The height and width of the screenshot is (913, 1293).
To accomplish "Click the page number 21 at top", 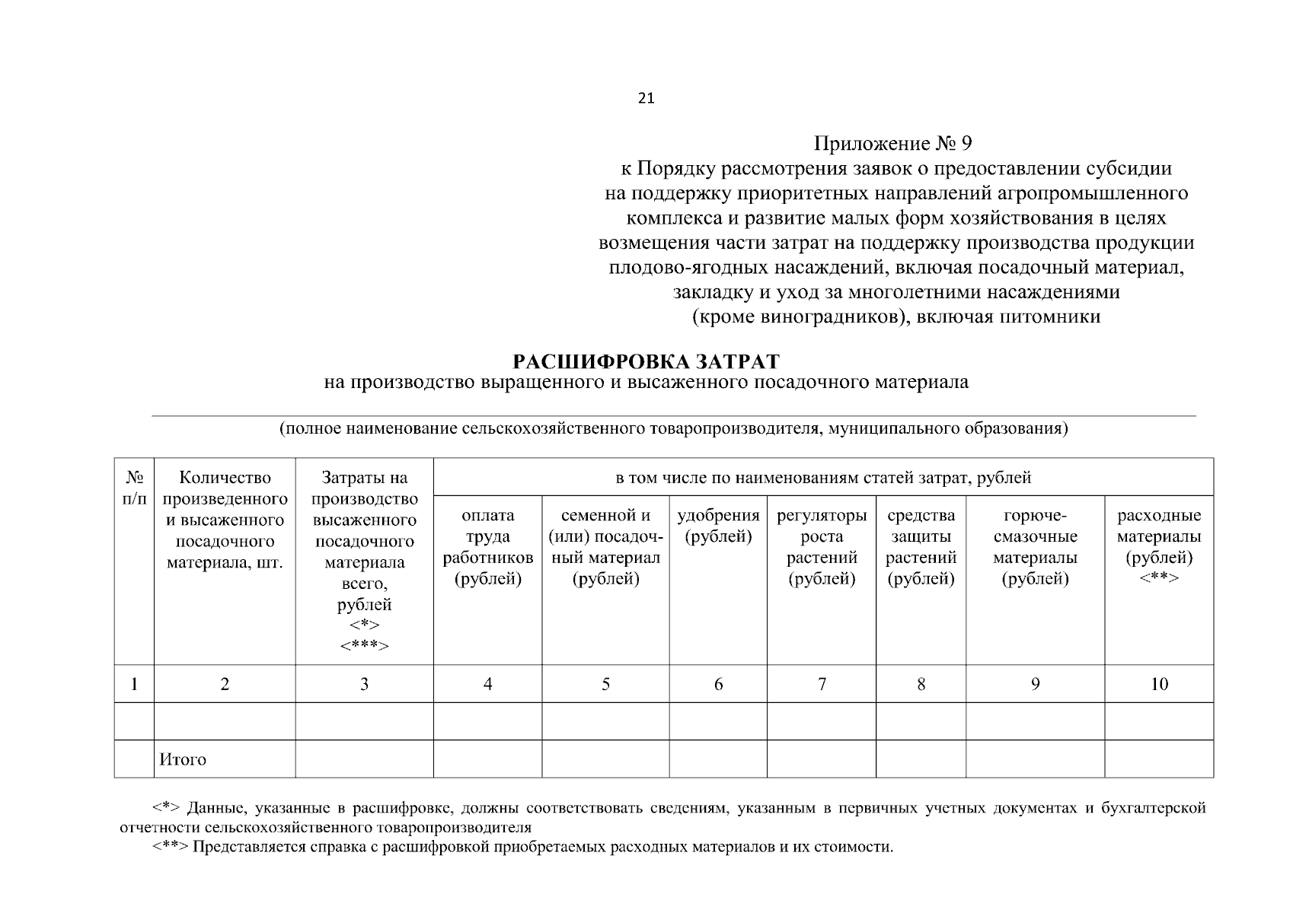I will point(646,98).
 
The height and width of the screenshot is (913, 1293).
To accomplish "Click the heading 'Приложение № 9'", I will point(893,144).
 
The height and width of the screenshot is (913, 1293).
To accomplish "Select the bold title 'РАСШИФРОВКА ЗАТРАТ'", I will point(646,360).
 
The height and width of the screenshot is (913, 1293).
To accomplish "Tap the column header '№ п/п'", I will point(134,488).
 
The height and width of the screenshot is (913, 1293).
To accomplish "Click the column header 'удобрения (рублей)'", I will point(718,526).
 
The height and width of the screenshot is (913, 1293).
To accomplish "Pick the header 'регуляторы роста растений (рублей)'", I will point(822,547).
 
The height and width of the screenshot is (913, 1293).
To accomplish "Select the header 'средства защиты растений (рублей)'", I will point(921,547).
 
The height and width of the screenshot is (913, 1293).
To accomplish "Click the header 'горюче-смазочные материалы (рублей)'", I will point(1035,547).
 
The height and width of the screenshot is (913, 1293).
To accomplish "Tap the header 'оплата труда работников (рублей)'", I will point(487,547).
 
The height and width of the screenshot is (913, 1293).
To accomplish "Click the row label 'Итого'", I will point(183,759).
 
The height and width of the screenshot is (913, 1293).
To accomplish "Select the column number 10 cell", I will point(1159,684).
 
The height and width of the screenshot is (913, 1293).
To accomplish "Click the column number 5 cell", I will point(605,684).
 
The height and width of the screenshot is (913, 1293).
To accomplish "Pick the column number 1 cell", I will point(134,684).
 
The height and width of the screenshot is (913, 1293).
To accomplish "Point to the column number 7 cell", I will point(822,684).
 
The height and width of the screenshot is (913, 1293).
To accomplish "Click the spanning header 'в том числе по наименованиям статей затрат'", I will point(823,478).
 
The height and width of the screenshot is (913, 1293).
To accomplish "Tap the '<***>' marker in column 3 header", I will point(364,646).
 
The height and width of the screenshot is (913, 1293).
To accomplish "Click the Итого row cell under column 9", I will point(1035,759).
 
